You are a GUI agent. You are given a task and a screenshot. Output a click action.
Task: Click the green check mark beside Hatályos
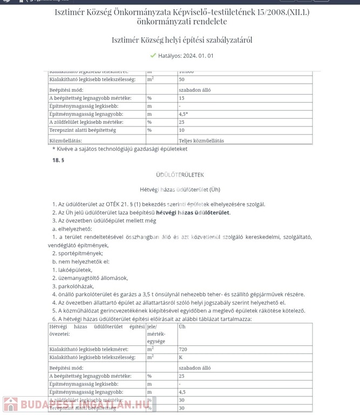[x=153, y=56]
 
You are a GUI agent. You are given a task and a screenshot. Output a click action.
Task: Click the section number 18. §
[x=58, y=160]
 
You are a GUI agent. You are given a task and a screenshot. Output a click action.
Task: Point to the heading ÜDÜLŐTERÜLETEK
[x=180, y=175]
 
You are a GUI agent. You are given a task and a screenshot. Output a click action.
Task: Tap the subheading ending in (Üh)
[x=180, y=190]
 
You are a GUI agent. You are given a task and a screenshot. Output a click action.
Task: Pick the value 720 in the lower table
[x=184, y=350]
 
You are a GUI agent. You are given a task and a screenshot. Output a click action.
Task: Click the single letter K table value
[x=181, y=357]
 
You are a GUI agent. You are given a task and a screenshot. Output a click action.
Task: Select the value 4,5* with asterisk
[x=183, y=115]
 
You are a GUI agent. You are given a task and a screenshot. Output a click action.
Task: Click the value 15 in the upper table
[x=181, y=98]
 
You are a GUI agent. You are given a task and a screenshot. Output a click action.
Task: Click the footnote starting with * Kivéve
[x=120, y=149]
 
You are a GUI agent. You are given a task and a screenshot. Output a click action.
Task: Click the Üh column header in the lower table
[x=182, y=327]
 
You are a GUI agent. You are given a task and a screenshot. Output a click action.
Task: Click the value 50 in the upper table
[x=181, y=79]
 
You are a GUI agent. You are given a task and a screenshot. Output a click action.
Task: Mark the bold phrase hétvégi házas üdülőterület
[x=193, y=212]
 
